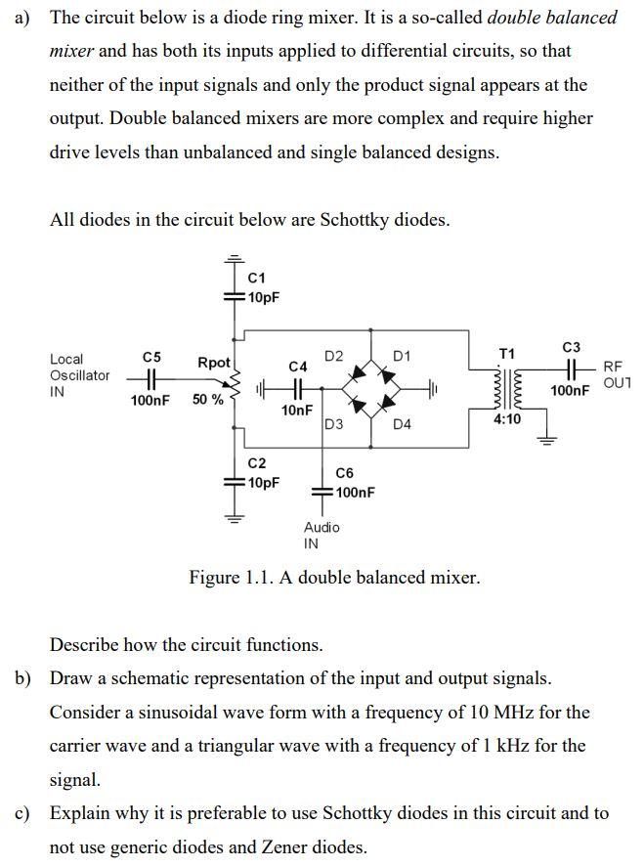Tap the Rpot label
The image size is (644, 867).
point(214,363)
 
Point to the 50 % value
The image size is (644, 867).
point(207,400)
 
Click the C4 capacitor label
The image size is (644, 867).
point(299,366)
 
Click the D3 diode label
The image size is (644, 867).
point(333,424)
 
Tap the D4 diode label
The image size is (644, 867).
point(402,424)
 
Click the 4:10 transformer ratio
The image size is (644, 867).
point(507,418)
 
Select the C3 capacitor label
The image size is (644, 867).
point(572,347)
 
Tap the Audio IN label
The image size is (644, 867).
point(322,535)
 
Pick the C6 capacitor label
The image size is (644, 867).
point(344,473)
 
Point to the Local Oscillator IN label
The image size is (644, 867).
point(79,375)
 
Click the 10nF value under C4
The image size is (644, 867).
point(297,411)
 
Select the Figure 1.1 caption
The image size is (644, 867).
point(334,578)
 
